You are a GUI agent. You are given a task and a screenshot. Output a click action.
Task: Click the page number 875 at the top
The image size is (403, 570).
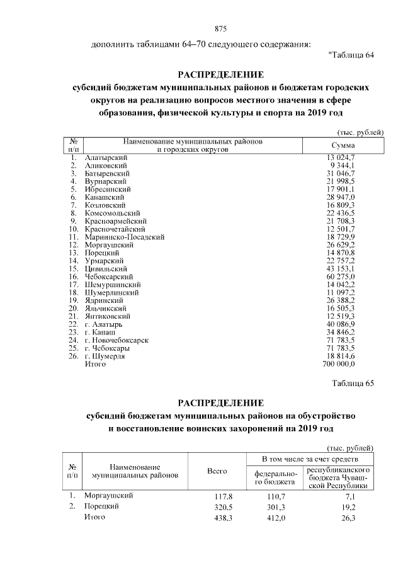pos(220,29)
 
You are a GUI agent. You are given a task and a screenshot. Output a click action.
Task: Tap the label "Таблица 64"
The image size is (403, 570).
pos(351,55)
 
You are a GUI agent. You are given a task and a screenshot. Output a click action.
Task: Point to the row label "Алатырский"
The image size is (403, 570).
pos(106,156)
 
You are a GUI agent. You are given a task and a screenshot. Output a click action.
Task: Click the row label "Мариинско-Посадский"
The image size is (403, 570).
pos(124,237)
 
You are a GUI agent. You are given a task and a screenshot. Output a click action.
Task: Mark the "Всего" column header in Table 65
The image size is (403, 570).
pos(217,472)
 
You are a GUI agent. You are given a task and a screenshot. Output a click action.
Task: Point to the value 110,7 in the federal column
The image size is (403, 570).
pos(275,496)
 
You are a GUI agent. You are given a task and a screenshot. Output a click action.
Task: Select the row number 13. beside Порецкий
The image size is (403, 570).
pos(74,253)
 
